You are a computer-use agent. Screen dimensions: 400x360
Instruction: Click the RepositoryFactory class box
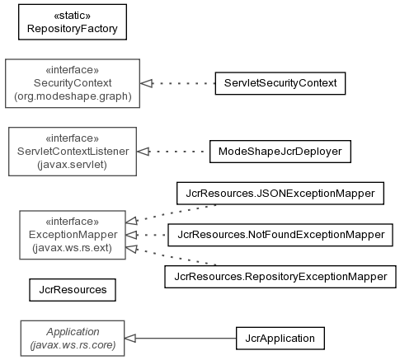tap(73, 22)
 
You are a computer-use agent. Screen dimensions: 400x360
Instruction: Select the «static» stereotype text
tap(73, 16)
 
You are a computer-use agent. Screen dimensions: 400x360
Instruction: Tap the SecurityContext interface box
tap(73, 83)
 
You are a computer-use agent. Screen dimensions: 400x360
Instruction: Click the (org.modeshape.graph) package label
tap(73, 96)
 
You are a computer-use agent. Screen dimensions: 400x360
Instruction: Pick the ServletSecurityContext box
tap(280, 83)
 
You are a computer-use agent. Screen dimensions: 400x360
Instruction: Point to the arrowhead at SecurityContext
tap(147, 83)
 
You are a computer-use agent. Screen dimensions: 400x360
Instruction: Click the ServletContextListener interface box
tap(73, 152)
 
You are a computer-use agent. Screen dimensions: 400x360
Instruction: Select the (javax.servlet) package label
tap(73, 165)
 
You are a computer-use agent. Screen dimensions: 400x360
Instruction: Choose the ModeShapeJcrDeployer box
tap(280, 152)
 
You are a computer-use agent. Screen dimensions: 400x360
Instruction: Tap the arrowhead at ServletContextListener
tap(144, 152)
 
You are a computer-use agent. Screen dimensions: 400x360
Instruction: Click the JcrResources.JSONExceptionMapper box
tap(280, 194)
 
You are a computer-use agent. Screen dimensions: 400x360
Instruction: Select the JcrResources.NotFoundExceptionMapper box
tap(280, 235)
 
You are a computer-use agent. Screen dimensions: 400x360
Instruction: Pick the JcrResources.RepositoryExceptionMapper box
tap(280, 277)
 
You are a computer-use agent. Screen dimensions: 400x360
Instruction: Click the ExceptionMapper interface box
tap(73, 235)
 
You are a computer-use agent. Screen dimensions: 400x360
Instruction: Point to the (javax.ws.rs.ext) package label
tap(73, 248)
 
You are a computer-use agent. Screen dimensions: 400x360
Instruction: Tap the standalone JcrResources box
tap(73, 290)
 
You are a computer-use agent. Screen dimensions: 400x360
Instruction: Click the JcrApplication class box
tap(280, 339)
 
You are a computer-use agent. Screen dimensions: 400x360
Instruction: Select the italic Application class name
tap(73, 332)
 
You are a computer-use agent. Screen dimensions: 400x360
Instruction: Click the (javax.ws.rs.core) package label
tap(73, 345)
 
